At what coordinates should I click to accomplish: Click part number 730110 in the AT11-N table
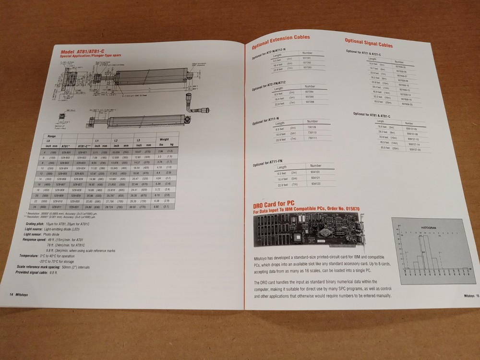click(x=312, y=132)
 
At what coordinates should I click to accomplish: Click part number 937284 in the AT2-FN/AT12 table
click(x=310, y=91)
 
